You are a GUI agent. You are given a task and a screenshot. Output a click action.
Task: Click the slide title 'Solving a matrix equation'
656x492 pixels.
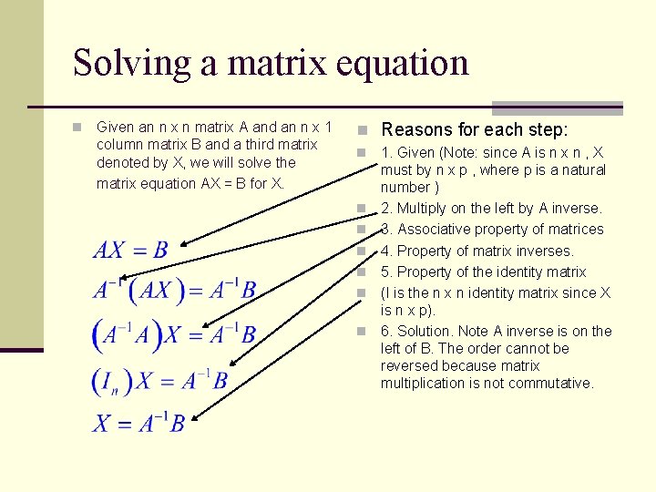tap(271, 63)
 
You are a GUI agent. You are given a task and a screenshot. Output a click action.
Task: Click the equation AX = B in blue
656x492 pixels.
tap(130, 250)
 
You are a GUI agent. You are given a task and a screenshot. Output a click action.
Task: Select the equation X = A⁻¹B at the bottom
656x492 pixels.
tap(138, 423)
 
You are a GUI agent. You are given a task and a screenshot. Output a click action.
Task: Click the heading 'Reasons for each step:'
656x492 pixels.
tap(474, 129)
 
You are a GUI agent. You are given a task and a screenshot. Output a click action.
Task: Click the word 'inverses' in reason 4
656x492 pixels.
tap(544, 251)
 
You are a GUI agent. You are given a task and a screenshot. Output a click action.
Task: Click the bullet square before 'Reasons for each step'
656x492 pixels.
tap(362, 130)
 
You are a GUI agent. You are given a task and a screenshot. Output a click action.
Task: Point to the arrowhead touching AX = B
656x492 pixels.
tap(182, 244)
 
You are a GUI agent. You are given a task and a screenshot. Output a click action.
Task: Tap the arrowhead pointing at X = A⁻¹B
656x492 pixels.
tap(194, 417)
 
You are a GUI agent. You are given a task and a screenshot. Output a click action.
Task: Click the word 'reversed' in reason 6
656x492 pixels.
tap(409, 366)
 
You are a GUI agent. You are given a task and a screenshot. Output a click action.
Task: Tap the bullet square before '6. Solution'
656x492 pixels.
tap(362, 332)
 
